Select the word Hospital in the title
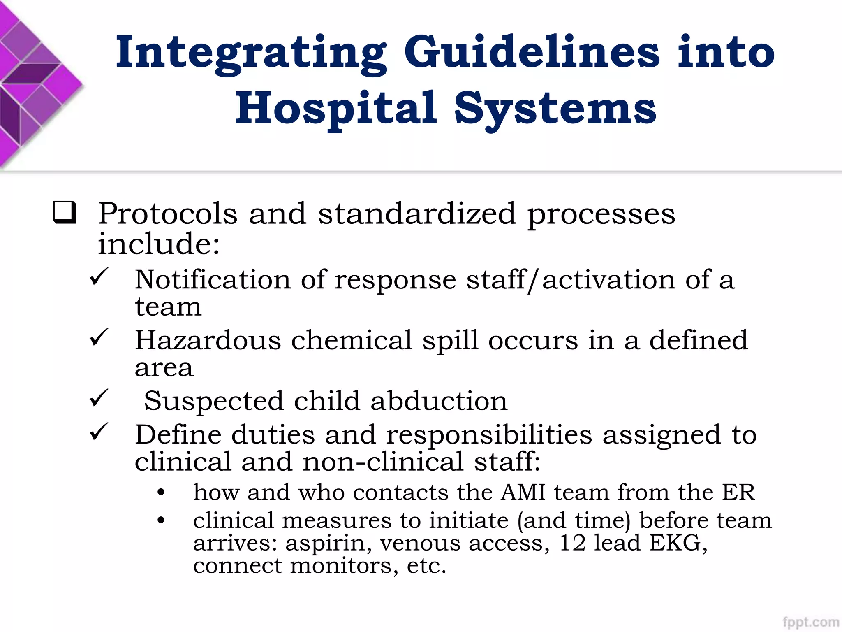tap(335, 108)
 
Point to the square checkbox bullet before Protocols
tap(65, 212)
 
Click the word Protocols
tap(168, 214)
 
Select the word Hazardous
tap(208, 340)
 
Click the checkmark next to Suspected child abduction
tap(99, 398)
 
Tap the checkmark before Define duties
tap(99, 432)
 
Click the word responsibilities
tap(489, 435)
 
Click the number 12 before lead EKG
tap(572, 543)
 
